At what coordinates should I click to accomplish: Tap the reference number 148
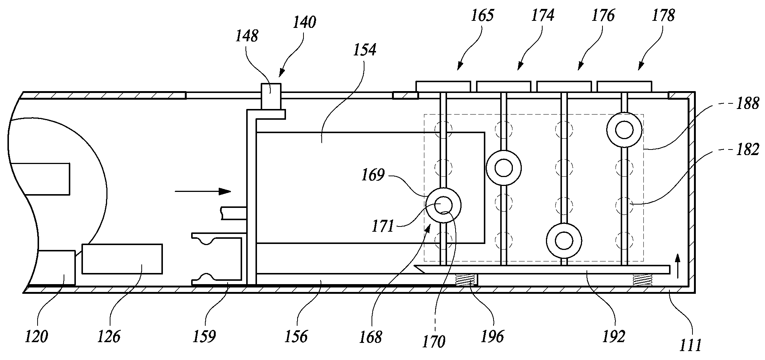point(247,36)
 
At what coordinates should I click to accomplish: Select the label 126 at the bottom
point(109,337)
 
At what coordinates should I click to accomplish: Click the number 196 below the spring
point(493,337)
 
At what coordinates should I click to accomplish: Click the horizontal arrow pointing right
point(203,192)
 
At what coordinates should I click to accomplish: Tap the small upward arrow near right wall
point(677,266)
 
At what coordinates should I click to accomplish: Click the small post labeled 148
point(271,96)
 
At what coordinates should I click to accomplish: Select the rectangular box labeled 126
point(122,259)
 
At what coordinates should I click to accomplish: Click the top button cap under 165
point(443,86)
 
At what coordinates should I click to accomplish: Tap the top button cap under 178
point(624,86)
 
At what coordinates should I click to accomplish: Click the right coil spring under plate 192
point(643,280)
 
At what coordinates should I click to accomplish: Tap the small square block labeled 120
point(57,268)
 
